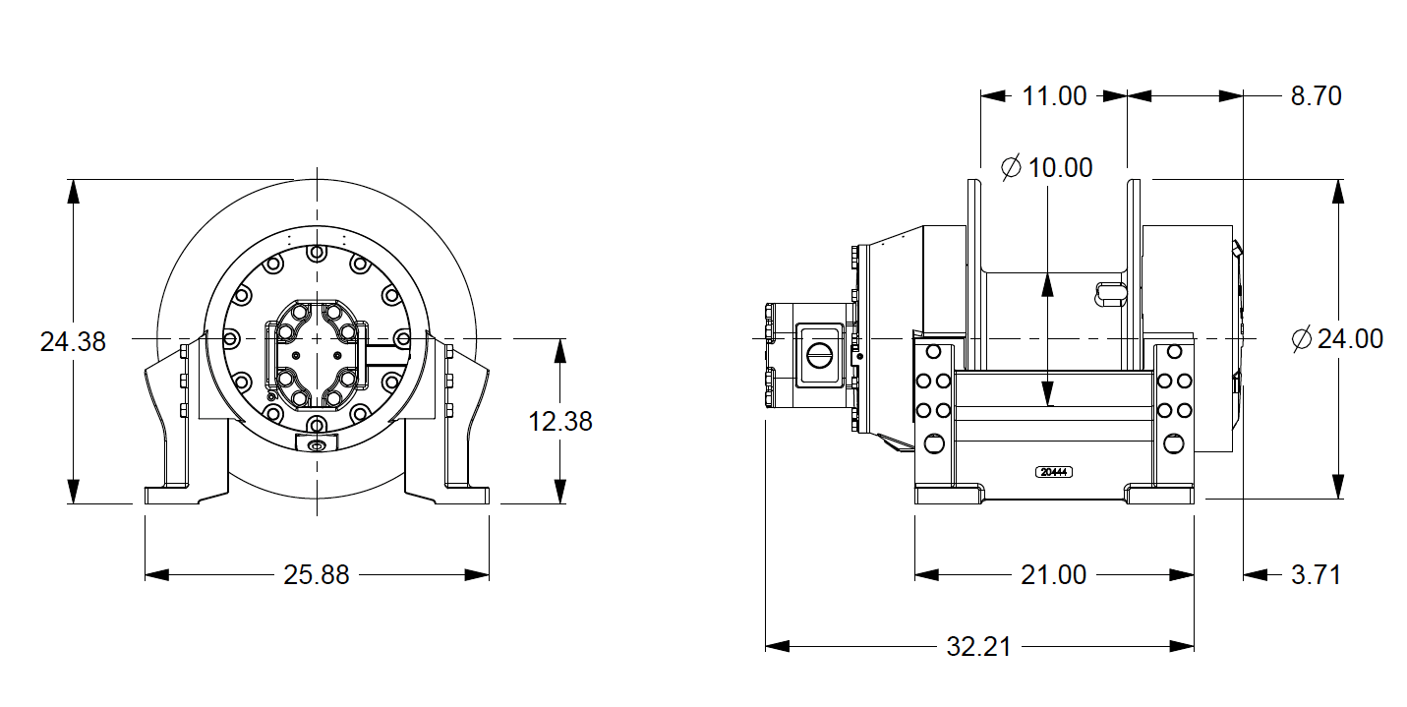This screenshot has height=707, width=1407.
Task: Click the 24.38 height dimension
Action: pos(73,342)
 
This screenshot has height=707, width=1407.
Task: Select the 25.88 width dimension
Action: pos(317,575)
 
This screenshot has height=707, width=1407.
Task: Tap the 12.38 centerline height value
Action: pos(560,421)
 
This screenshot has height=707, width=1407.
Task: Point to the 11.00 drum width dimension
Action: pos(1054,96)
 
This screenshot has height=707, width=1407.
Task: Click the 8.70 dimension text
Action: pos(1315,96)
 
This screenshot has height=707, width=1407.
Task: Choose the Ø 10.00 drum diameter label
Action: pos(1047,168)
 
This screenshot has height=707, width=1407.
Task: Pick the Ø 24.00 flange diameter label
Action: pos(1337,339)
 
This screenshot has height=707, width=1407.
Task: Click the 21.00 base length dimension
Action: pos(1053,575)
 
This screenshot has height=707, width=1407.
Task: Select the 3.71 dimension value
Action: pos(1316,575)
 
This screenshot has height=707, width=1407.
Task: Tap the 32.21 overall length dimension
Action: pos(978,647)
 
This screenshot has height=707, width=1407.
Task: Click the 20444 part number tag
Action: pos(1054,472)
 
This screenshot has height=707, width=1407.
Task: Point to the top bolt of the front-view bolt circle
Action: pos(316,253)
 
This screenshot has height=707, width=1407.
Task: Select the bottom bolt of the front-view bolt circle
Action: pos(316,424)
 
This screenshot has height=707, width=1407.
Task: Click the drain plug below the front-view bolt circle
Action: pos(316,446)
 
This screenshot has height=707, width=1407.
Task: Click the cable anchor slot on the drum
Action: pos(1109,292)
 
